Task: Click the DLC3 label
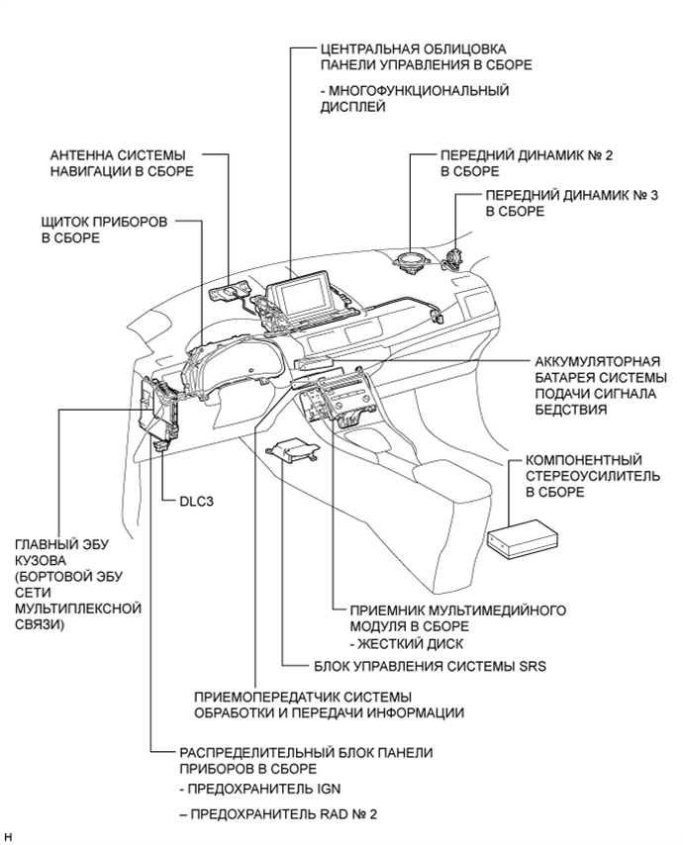[x=196, y=501]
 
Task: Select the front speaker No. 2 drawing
[x=410, y=264]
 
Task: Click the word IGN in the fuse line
[x=303, y=791]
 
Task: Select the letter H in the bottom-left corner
[x=8, y=837]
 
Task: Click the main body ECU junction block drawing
[x=158, y=411]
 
